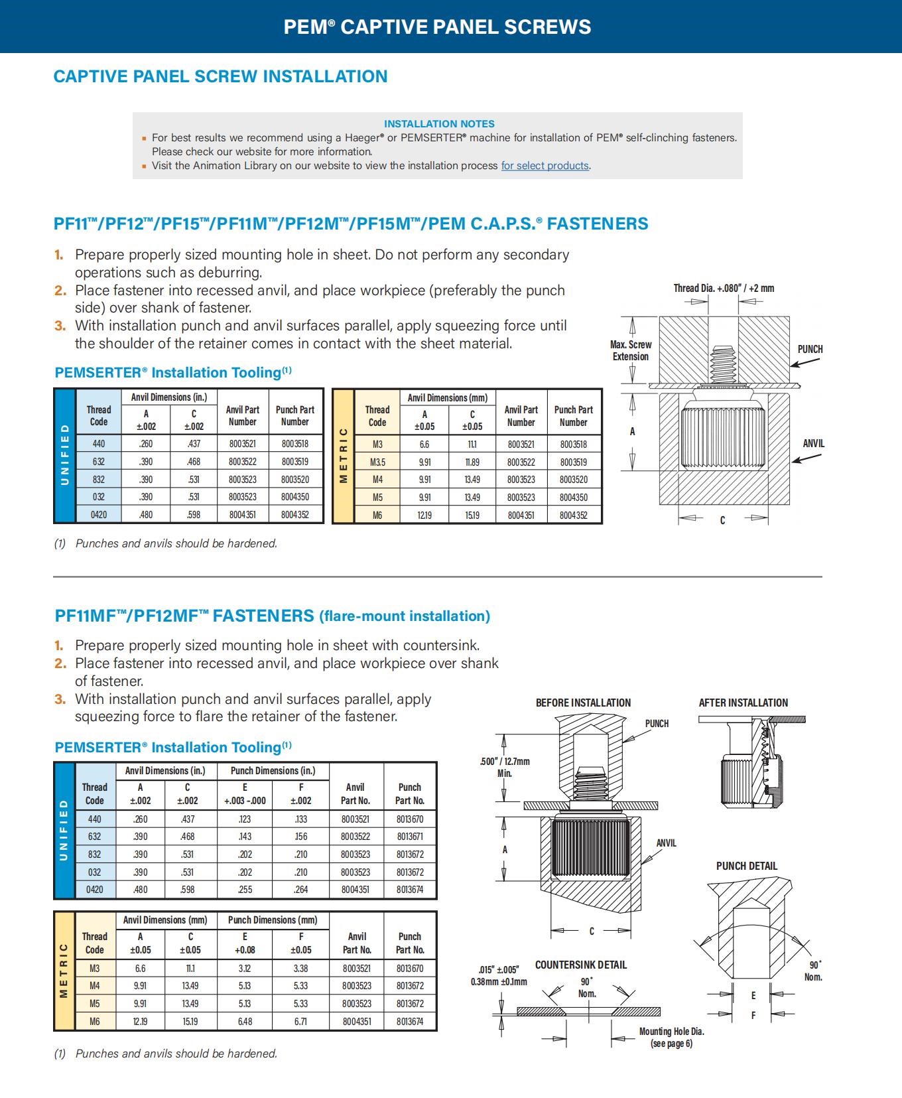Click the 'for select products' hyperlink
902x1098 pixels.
[545, 166]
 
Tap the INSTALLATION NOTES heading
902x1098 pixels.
[439, 124]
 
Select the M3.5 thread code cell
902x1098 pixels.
[377, 462]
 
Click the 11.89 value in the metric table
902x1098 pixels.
[472, 462]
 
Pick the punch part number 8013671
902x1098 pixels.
[410, 837]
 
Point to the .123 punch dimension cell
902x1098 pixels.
[245, 819]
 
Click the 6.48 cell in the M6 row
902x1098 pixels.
[245, 1022]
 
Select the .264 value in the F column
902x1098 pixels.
[301, 890]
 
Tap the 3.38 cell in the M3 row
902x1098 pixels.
[301, 969]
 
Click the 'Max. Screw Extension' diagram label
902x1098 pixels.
[631, 350]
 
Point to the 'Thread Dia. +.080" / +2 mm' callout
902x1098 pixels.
[724, 289]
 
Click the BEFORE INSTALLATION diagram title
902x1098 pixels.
[583, 703]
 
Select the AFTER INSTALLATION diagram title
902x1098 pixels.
[743, 703]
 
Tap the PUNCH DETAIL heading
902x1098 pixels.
[747, 866]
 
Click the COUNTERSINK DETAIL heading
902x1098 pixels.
[581, 965]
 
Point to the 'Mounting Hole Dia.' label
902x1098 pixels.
[672, 1032]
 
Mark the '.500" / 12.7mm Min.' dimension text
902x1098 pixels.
[505, 767]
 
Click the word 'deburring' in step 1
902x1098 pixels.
[233, 273]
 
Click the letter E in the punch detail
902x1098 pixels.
[753, 996]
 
